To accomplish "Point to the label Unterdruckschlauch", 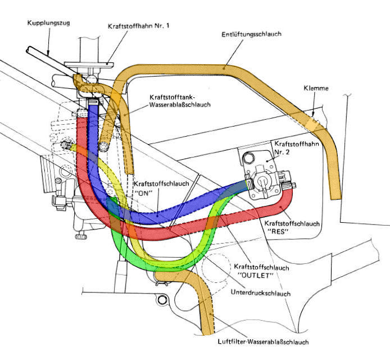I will [260, 292].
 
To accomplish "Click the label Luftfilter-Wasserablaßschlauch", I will [263, 341].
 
